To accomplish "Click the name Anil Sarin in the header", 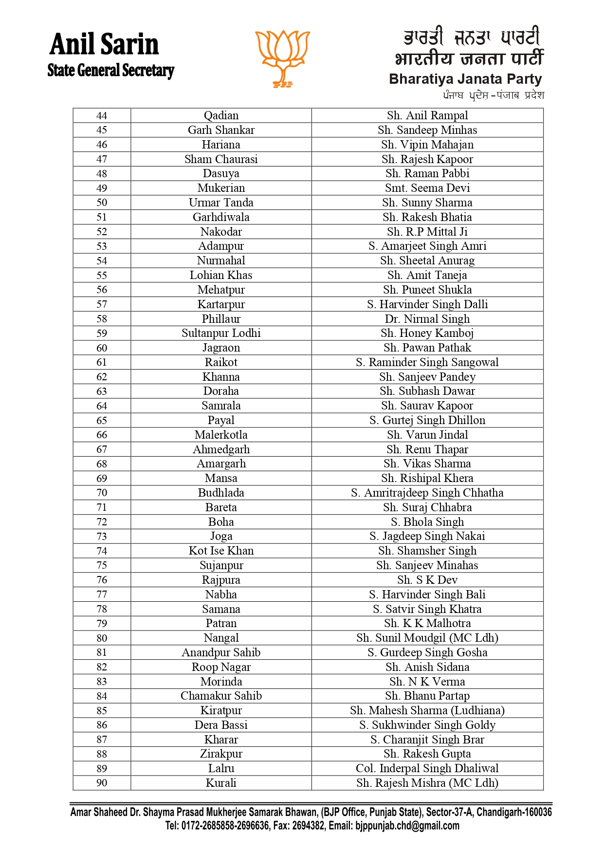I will click(x=104, y=44).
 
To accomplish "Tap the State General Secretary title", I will click(x=110, y=71).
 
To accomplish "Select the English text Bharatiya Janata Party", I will click(x=465, y=79).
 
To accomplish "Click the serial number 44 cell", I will click(x=102, y=116).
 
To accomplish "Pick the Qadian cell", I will click(x=221, y=116).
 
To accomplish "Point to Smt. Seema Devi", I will click(x=427, y=188).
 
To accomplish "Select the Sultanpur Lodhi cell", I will click(x=221, y=334).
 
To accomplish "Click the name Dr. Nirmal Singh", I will click(x=427, y=319).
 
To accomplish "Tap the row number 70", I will click(x=102, y=493).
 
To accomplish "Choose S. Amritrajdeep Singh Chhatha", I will click(x=427, y=493).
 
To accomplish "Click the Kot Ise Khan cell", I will click(x=221, y=551).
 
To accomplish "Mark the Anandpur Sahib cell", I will click(x=221, y=653).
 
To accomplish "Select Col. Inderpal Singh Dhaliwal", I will click(x=427, y=769).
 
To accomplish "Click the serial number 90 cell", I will click(x=102, y=783).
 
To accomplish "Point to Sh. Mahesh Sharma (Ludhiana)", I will click(x=427, y=711).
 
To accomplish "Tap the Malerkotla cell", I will click(x=221, y=435).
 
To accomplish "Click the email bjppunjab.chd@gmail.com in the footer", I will click(x=407, y=826).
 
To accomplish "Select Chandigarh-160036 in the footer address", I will click(x=514, y=812).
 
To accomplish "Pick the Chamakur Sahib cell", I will click(x=221, y=696).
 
